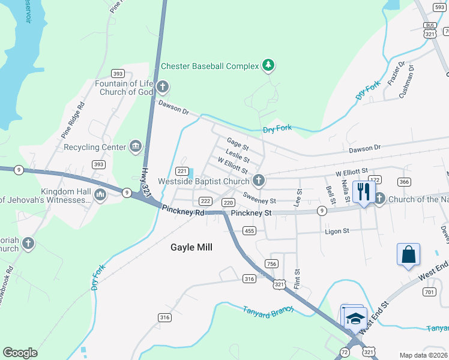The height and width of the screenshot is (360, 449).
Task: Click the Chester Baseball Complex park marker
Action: coord(268,65)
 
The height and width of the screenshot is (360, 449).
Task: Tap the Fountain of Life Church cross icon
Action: coord(161,88)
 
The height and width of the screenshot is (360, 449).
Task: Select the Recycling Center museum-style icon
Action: coord(136,146)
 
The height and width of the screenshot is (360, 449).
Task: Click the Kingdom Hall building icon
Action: coord(100,194)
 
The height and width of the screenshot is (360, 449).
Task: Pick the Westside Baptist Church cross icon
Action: coord(259,179)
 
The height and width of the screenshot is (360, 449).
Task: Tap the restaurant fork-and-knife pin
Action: coord(363,192)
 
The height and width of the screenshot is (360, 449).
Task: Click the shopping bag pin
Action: coord(408,254)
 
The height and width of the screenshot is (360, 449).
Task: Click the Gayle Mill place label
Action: coord(191,247)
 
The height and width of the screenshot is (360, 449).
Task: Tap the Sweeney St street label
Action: coord(259,198)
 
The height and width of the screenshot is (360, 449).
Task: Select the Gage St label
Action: coord(237,144)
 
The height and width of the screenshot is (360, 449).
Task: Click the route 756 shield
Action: coord(271,264)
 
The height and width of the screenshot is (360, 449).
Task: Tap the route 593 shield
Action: coord(439,7)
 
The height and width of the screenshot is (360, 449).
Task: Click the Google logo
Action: coord(20,353)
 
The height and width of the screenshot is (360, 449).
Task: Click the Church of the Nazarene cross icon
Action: coord(379,197)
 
